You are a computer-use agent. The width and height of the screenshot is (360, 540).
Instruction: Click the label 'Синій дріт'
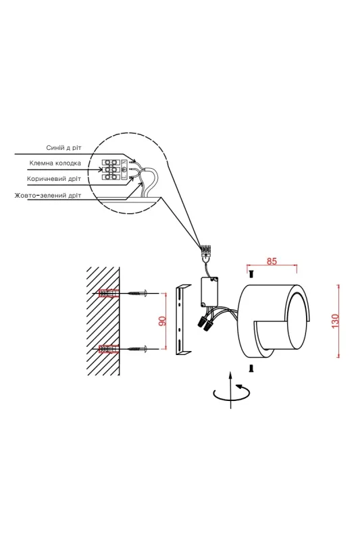63,148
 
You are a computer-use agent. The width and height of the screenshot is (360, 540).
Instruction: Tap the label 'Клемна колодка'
55,163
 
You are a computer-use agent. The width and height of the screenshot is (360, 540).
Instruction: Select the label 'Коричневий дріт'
54,179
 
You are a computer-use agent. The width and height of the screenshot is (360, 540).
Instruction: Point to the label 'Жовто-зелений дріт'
48,195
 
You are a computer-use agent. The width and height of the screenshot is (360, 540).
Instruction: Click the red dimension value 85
272,261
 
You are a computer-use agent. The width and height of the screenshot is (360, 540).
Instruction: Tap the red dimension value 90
162,321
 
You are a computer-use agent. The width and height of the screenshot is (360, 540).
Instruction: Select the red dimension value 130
335,321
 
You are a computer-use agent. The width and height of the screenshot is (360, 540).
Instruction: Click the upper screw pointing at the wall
138,294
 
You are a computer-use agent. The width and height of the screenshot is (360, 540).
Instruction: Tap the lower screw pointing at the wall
138,349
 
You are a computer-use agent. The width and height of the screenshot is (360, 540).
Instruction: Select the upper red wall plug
109,294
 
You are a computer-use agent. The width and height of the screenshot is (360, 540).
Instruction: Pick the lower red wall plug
109,349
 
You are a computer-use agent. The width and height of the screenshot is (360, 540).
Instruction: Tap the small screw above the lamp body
251,274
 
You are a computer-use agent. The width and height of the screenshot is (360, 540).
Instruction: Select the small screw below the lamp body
251,369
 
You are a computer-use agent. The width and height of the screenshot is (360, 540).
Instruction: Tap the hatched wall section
103,321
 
